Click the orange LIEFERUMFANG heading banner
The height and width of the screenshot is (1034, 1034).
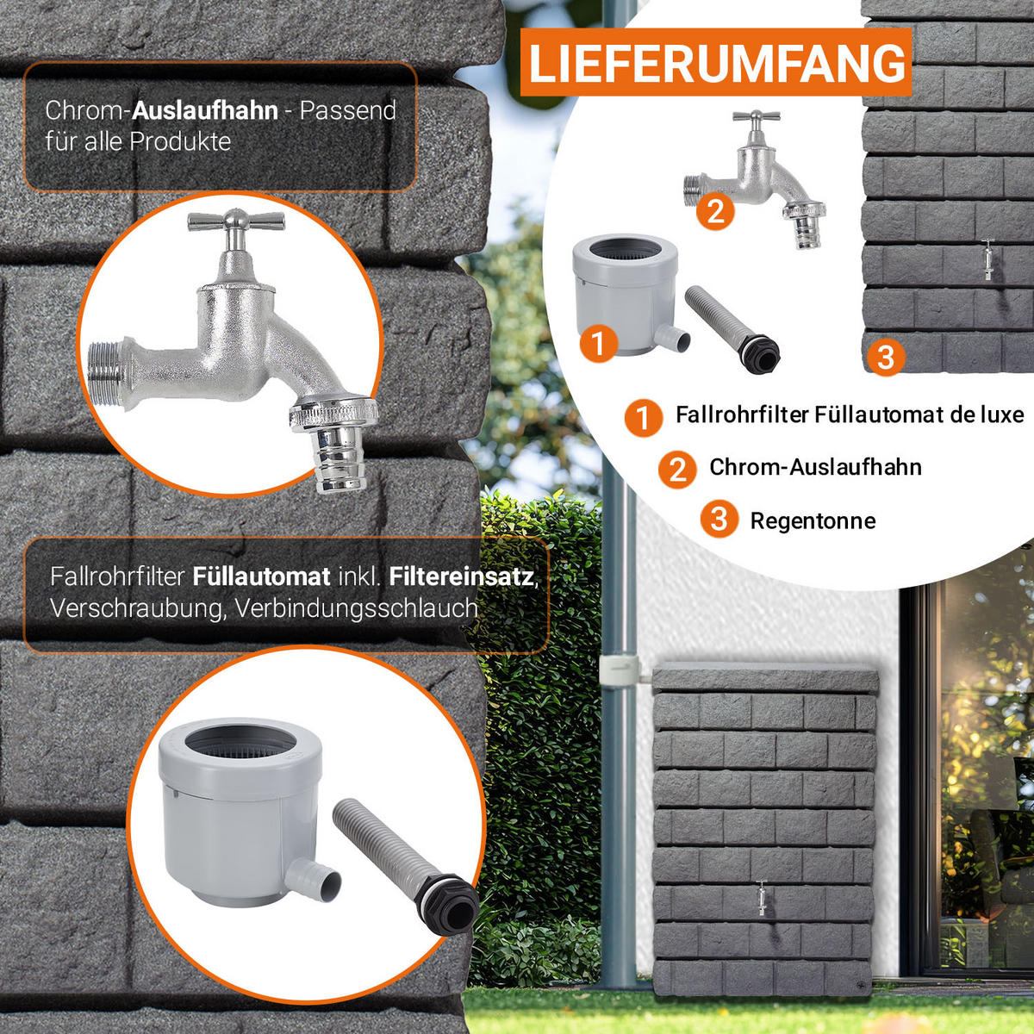715,62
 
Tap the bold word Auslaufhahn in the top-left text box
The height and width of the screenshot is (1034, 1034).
205,110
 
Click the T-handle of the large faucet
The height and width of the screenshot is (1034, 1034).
236,221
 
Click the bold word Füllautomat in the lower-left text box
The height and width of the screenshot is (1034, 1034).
261,576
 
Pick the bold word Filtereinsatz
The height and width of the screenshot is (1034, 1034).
462,576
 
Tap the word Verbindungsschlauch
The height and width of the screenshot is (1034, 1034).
356,608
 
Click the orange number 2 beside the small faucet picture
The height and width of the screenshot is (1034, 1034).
715,212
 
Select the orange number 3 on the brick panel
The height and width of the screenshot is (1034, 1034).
886,357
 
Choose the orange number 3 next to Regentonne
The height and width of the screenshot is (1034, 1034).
719,519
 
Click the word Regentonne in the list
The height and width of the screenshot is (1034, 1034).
813,521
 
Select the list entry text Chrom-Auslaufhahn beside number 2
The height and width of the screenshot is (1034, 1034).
815,467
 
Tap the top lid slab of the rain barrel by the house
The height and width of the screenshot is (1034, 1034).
766,679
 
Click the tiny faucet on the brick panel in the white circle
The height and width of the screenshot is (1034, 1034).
988,258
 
